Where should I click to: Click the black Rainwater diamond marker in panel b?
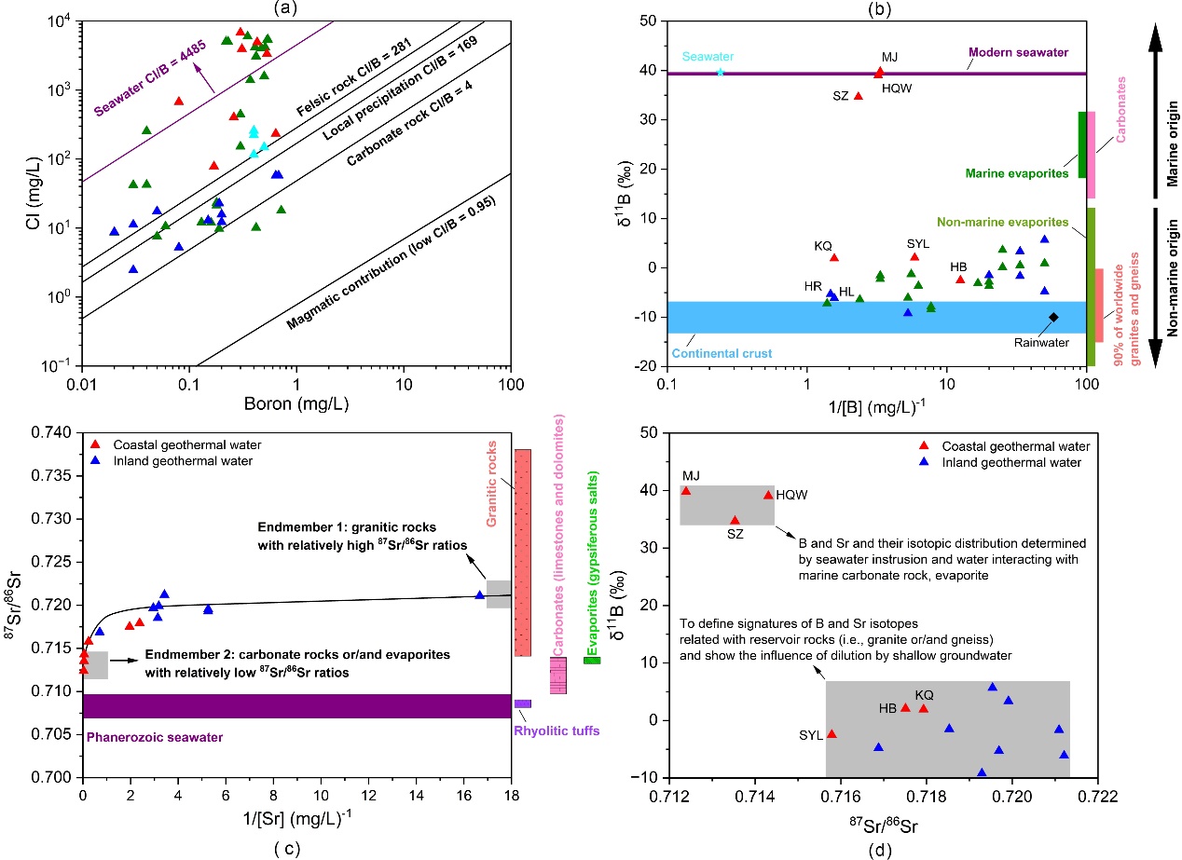point(1053,317)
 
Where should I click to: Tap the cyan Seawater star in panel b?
point(720,72)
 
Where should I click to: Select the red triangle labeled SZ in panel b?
point(859,95)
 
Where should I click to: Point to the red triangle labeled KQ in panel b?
point(834,257)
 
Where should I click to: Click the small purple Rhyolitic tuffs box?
point(523,703)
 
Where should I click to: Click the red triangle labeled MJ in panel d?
point(686,491)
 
